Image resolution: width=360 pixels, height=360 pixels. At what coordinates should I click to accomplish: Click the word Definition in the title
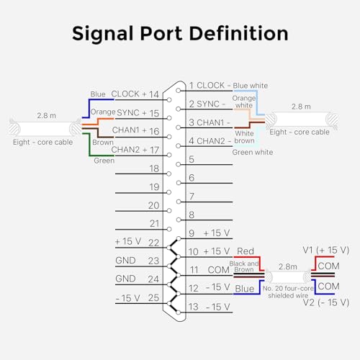(x=239, y=33)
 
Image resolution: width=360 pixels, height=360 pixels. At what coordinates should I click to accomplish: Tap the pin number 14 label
(x=154, y=94)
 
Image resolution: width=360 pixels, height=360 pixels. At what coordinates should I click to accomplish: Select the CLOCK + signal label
(x=129, y=94)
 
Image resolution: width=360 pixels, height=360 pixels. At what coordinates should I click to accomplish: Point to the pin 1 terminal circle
(x=178, y=91)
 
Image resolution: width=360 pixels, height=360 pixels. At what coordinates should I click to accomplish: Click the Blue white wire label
(x=251, y=86)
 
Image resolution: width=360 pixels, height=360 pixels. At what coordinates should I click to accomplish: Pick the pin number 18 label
(x=154, y=168)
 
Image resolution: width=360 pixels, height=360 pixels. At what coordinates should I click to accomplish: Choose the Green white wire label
(x=253, y=152)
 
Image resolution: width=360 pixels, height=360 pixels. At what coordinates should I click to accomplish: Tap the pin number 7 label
(x=192, y=197)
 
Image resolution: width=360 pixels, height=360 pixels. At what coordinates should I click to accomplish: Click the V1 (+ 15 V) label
(x=325, y=250)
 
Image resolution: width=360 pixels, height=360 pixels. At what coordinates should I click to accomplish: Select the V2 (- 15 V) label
(x=325, y=302)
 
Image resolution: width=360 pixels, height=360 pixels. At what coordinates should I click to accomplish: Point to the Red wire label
(x=246, y=251)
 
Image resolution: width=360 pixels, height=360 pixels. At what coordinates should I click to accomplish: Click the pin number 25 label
(x=153, y=298)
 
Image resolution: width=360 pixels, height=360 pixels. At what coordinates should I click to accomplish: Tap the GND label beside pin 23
(x=125, y=261)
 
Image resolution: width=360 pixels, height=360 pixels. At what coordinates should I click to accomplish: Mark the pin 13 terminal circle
(x=178, y=312)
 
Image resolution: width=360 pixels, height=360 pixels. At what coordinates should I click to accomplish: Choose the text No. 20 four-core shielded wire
(x=288, y=292)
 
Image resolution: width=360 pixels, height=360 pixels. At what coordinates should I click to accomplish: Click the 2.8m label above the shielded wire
(x=288, y=266)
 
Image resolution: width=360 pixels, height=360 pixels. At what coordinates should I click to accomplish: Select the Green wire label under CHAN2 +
(x=104, y=161)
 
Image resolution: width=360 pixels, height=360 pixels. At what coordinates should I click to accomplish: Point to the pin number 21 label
(x=155, y=224)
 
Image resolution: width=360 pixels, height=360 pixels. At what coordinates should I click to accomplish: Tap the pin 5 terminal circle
(x=178, y=164)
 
